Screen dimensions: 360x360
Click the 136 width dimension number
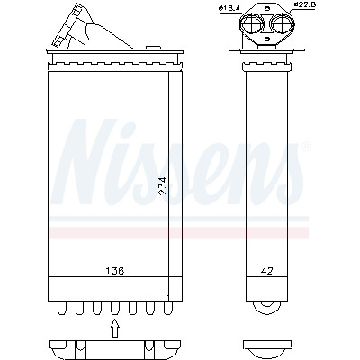[114, 271]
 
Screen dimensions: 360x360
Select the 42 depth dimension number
[266, 271]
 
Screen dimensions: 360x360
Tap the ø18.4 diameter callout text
[229, 9]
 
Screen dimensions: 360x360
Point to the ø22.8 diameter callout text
[304, 4]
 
